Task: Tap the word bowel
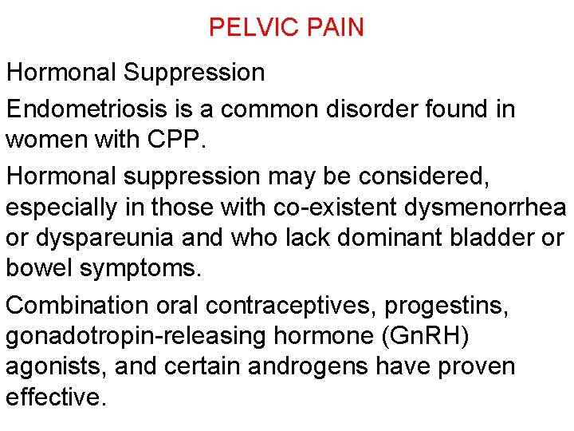point(39,268)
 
